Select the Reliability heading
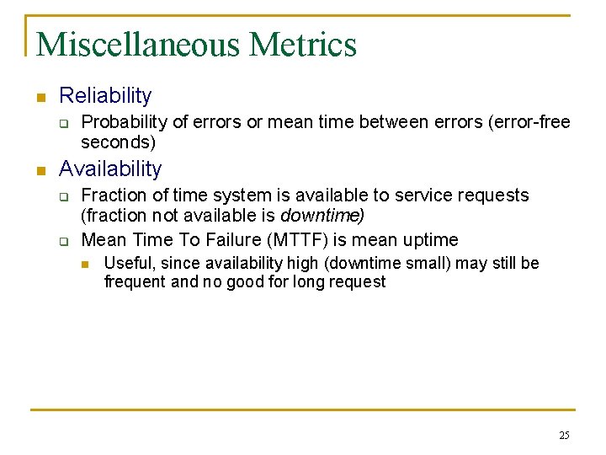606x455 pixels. tap(105, 96)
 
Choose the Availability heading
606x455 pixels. tap(110, 169)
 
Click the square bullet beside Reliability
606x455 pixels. tap(39, 98)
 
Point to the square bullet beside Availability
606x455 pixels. tap(39, 170)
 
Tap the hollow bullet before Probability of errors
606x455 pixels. tap(62, 124)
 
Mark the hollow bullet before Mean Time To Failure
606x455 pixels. tap(62, 241)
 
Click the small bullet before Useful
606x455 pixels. tap(85, 265)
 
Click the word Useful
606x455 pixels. tap(125, 263)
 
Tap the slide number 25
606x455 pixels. tap(563, 436)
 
